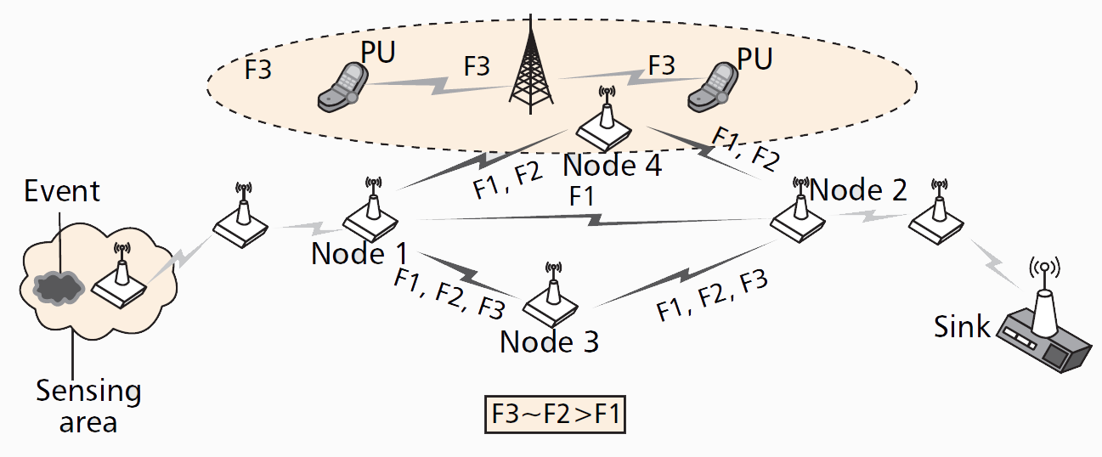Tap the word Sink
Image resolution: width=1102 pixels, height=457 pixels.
pos(962,326)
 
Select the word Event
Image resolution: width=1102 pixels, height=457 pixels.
pos(62,190)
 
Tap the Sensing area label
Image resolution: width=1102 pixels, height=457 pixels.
pos(88,406)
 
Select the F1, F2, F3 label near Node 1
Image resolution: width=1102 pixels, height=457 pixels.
pos(449,293)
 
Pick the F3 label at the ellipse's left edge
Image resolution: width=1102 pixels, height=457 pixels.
pos(258,69)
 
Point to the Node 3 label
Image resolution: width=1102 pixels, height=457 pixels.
pos(549,341)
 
